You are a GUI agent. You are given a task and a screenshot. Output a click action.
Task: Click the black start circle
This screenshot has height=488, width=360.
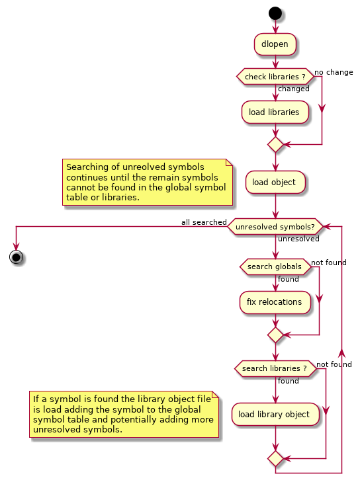coord(275,14)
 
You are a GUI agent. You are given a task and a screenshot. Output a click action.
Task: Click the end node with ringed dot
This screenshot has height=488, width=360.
coord(16,257)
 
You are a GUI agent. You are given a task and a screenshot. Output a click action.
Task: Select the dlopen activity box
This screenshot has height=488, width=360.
coord(275,44)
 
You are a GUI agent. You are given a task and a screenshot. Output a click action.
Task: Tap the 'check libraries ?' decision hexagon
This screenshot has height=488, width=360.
coord(275,77)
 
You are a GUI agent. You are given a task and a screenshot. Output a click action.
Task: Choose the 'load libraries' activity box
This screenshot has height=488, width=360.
coord(275,112)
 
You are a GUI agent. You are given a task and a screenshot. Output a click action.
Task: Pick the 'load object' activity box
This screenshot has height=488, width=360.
coord(275,182)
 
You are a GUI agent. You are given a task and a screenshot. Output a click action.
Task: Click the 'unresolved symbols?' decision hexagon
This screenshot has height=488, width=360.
coord(275,227)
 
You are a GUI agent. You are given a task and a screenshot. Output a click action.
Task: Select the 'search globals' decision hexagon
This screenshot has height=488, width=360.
coord(275,266)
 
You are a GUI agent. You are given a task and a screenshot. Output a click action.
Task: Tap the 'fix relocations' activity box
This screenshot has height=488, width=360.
coord(275,302)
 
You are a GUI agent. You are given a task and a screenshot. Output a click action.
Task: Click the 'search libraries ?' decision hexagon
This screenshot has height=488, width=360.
coord(275,368)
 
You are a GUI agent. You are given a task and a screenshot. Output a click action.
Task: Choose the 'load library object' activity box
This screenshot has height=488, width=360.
coord(275,414)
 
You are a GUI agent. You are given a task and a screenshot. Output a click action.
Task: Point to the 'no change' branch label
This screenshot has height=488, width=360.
coord(334,72)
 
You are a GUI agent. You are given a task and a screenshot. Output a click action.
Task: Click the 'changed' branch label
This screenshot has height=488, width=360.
coord(294,89)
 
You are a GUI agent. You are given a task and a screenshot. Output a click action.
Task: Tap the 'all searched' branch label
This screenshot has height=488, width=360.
coord(204,222)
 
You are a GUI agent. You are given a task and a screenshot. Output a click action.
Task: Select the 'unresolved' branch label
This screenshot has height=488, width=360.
coord(298,239)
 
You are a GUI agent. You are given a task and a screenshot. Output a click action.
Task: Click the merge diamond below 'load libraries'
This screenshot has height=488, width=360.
coord(275,145)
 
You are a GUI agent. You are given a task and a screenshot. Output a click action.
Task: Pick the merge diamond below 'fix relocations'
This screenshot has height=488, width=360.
coord(275,335)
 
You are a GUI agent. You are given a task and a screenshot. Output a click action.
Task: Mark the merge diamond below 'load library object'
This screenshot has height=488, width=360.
coord(275,459)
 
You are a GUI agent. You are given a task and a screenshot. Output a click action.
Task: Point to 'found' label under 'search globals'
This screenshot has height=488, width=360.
coord(289,279)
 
